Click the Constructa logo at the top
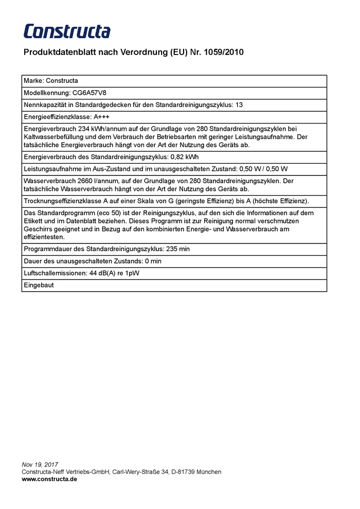(x=67, y=31)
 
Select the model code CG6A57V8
(x=89, y=93)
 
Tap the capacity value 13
(x=239, y=105)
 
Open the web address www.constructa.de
(x=49, y=479)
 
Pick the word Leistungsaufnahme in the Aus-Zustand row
(x=52, y=169)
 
